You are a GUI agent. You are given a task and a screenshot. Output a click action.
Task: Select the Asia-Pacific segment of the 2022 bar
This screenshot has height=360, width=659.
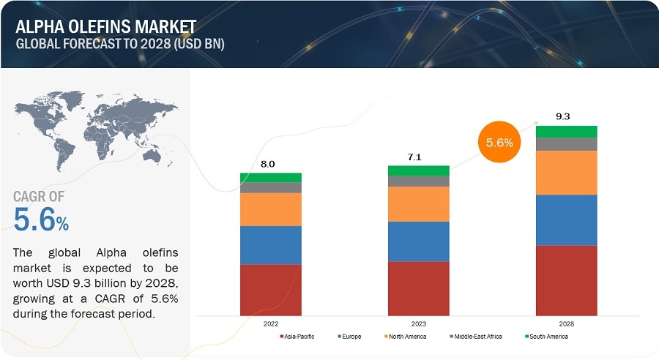point(271,289)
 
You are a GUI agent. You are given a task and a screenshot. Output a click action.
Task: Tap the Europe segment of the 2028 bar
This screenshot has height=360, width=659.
point(566,220)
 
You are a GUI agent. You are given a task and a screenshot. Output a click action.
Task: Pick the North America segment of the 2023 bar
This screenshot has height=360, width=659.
point(418,204)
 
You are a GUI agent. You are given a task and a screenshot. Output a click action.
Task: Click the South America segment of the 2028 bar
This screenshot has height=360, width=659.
point(566,132)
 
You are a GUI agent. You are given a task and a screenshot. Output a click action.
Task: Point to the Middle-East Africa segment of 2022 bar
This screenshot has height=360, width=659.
point(271,187)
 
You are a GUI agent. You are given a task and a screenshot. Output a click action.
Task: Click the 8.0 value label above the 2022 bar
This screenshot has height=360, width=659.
point(268,165)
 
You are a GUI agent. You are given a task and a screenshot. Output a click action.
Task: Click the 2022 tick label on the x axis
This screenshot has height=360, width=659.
point(271,323)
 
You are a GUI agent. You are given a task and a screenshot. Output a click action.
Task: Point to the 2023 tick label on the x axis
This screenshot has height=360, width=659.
point(418,323)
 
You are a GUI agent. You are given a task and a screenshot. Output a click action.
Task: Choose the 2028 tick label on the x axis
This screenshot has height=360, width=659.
point(566,323)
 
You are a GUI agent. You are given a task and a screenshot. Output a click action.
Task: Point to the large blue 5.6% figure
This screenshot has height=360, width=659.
point(41,219)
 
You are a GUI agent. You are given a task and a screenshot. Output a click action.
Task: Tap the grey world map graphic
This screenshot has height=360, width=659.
point(95,129)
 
